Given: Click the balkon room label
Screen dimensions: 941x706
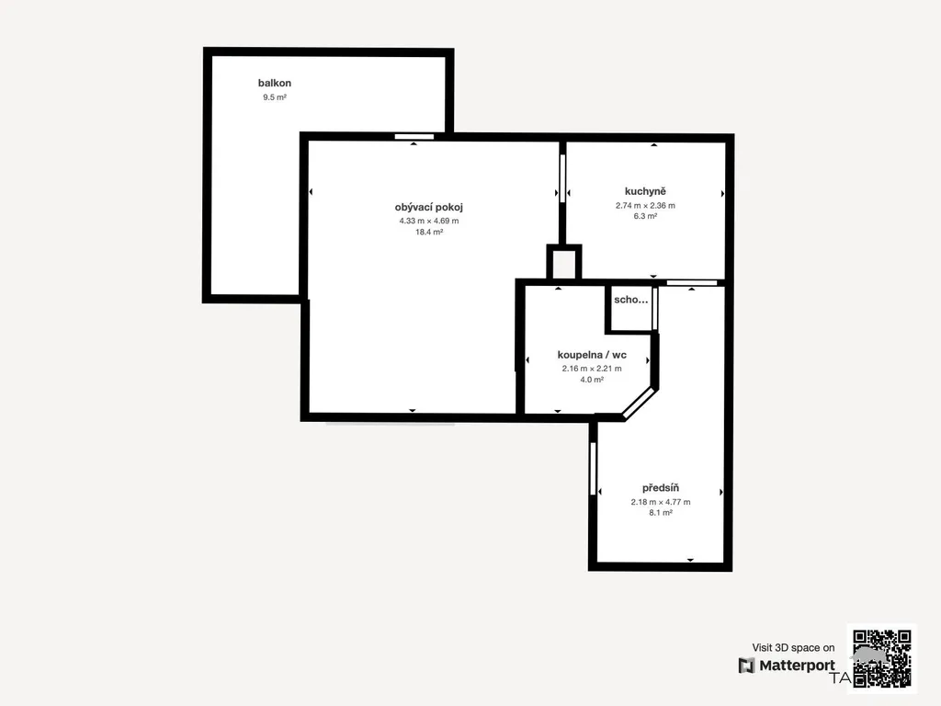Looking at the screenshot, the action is pyautogui.click(x=274, y=83).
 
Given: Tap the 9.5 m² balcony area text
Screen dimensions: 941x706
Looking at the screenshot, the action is pyautogui.click(x=274, y=97).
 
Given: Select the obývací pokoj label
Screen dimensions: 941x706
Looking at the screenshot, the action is pyautogui.click(x=428, y=207).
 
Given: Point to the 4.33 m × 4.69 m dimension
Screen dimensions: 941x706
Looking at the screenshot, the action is pyautogui.click(x=428, y=221).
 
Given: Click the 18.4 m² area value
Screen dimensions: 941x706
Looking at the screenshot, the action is pyautogui.click(x=428, y=232).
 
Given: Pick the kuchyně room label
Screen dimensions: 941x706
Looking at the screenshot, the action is pyautogui.click(x=645, y=191).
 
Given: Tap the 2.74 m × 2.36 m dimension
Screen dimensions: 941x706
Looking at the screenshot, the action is pyautogui.click(x=645, y=205).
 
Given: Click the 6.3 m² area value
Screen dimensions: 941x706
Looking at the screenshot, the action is pyautogui.click(x=645, y=216).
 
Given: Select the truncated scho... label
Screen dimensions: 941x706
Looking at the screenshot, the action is pyautogui.click(x=630, y=300).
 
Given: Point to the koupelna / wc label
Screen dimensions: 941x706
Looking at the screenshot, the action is pyautogui.click(x=592, y=355).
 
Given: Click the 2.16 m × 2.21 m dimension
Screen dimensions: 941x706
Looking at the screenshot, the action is pyautogui.click(x=592, y=369).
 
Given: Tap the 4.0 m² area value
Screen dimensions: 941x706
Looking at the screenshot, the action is pyautogui.click(x=592, y=380).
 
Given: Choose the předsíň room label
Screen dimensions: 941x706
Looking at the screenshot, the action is pyautogui.click(x=660, y=488).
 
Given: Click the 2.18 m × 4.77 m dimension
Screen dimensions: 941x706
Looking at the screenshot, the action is pyautogui.click(x=660, y=502).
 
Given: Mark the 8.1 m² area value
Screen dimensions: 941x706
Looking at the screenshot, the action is pyautogui.click(x=660, y=513).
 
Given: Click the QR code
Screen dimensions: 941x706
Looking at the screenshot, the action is pyautogui.click(x=882, y=658).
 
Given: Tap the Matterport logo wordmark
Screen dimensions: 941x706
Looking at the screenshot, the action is pyautogui.click(x=787, y=666).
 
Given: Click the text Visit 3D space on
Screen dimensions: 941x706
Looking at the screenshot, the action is pyautogui.click(x=793, y=648).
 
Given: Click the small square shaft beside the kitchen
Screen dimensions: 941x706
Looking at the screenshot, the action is pyautogui.click(x=563, y=263).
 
